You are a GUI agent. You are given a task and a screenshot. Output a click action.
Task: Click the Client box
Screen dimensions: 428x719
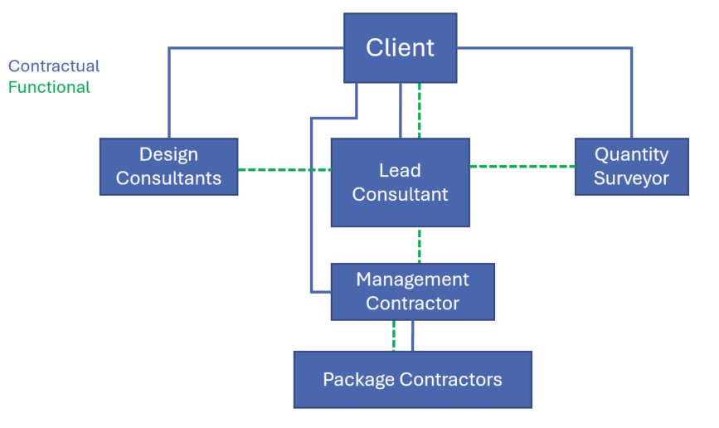(400, 47)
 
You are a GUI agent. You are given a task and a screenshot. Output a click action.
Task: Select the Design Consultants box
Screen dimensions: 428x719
(168, 166)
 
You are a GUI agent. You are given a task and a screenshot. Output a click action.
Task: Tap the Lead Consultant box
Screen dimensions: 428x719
(400, 182)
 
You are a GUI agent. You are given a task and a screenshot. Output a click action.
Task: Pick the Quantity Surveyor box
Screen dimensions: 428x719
(631, 166)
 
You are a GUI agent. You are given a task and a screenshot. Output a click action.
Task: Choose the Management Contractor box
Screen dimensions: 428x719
(412, 291)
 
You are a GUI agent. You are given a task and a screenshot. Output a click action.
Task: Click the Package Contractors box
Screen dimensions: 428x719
(412, 379)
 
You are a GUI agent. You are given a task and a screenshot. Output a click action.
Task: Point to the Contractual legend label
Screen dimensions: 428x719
(54, 66)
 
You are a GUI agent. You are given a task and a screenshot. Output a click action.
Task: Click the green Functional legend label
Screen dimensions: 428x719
(49, 87)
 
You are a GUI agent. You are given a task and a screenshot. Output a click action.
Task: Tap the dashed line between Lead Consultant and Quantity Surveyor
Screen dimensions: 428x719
(522, 167)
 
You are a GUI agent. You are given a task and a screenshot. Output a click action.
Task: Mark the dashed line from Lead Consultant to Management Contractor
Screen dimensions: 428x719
(420, 245)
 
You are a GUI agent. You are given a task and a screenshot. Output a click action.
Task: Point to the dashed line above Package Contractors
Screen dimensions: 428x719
(394, 335)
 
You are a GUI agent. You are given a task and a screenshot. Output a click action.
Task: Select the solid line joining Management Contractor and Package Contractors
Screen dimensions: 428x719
(412, 335)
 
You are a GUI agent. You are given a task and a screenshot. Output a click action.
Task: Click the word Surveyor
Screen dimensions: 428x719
(631, 178)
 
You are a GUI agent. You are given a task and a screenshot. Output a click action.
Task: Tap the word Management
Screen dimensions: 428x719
(412, 280)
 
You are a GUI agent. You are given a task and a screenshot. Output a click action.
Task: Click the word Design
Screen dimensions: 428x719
(168, 154)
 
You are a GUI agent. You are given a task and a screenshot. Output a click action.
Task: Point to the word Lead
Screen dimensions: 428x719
(400, 171)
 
